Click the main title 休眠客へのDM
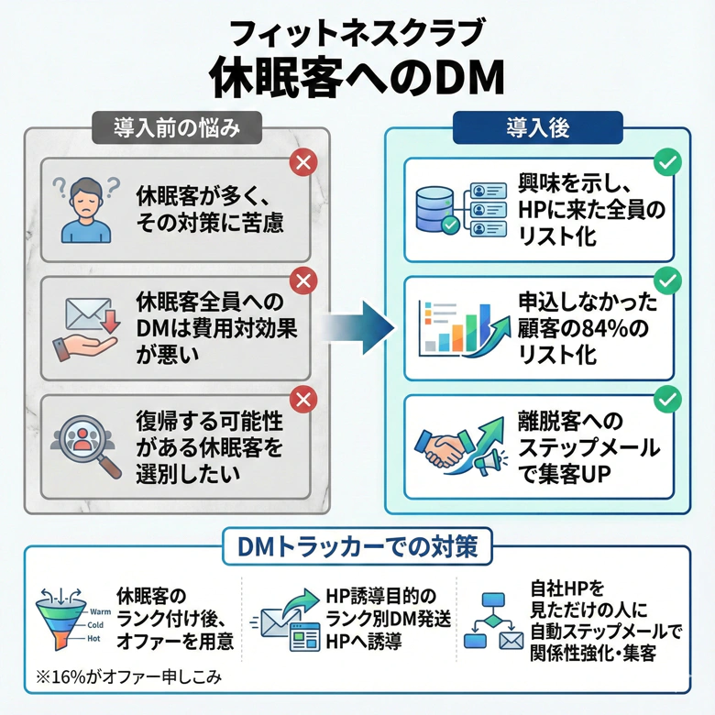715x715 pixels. point(357,77)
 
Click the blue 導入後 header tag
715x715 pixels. point(537,126)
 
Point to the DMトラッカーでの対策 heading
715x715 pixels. point(357,548)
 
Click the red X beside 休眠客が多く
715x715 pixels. point(302,164)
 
